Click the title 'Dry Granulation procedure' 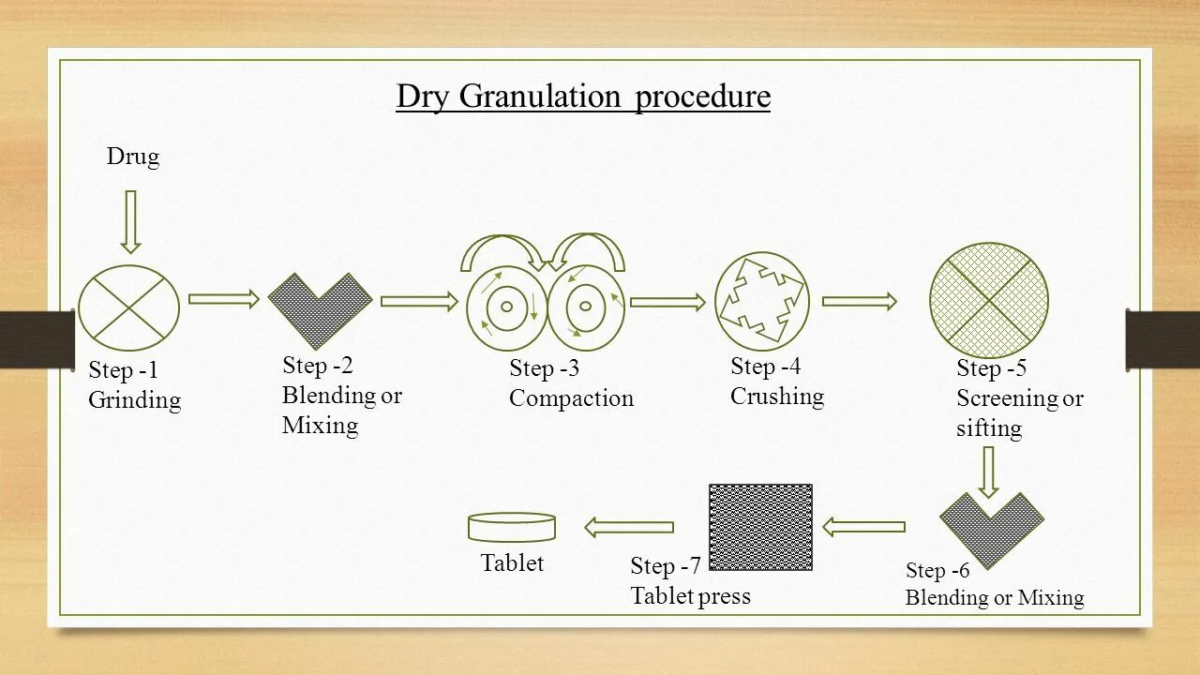(x=582, y=97)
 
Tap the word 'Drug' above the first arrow (x=133, y=157)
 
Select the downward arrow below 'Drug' (x=130, y=221)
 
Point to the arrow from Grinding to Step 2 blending (x=224, y=299)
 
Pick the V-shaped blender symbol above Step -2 (x=320, y=306)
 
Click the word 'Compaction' (x=571, y=398)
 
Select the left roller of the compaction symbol (x=506, y=306)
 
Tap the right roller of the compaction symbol (x=585, y=306)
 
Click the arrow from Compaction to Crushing (x=667, y=302)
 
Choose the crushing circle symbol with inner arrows (x=761, y=299)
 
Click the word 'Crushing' (x=776, y=397)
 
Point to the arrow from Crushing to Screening (x=859, y=301)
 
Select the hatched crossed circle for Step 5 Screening (x=988, y=301)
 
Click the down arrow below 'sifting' (x=988, y=472)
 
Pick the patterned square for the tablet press (x=760, y=527)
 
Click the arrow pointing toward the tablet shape (x=629, y=527)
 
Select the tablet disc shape (x=512, y=527)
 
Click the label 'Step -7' (x=666, y=566)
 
